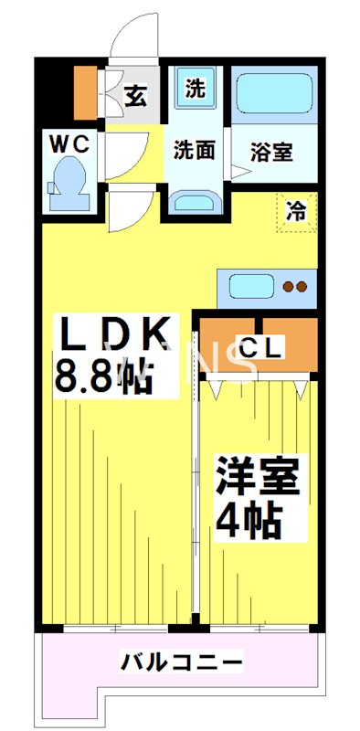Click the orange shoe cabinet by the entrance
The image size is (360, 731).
(x=85, y=92)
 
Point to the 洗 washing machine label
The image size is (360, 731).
(x=194, y=90)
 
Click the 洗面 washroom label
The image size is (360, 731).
(x=194, y=150)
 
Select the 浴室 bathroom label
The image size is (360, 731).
(x=272, y=152)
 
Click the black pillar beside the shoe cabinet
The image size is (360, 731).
(x=54, y=91)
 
